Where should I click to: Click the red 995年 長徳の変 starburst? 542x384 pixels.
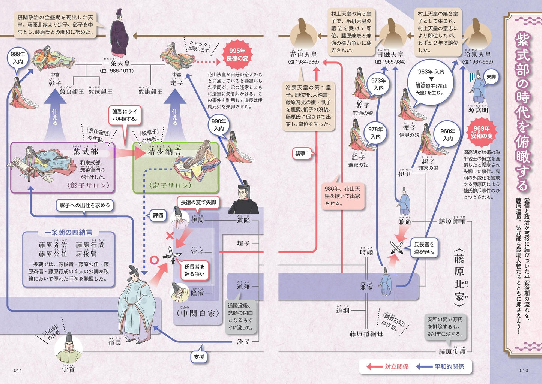(237, 55)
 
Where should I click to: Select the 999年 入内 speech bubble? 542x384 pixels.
(18, 58)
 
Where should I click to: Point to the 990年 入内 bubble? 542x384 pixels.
(219, 125)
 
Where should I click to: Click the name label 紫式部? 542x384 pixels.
(86, 151)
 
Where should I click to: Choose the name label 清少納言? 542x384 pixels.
(164, 151)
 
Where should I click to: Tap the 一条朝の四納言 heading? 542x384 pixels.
(68, 233)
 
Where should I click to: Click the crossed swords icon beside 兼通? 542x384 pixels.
(397, 248)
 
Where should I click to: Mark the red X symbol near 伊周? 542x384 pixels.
(170, 236)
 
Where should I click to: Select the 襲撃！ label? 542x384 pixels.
(302, 153)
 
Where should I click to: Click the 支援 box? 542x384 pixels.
(199, 357)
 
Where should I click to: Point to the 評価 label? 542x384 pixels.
(158, 215)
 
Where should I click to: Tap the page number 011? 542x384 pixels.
(18, 371)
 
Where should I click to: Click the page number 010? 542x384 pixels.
(524, 371)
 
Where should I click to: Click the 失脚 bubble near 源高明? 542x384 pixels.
(491, 77)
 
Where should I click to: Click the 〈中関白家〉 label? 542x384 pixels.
(195, 313)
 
